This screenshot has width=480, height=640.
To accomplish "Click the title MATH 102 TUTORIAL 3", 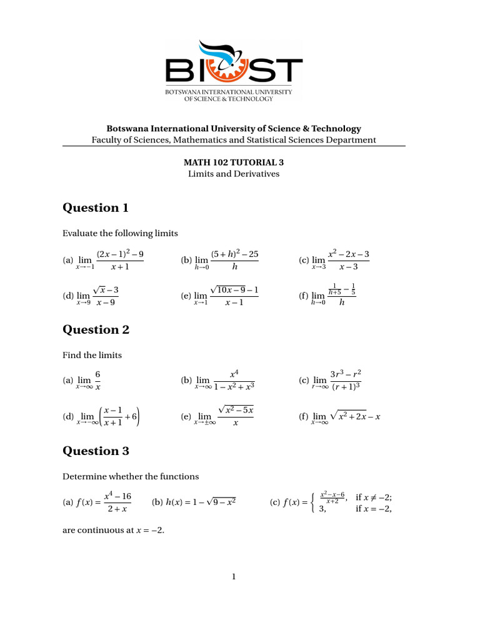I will pos(233,162).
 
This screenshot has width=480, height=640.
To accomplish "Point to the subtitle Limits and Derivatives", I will pos(233,173).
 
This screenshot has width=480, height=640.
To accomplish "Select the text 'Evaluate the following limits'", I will pos(120,233).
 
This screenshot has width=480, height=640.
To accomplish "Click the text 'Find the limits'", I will pos(92,355).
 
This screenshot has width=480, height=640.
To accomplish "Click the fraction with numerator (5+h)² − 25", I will pos(234,260).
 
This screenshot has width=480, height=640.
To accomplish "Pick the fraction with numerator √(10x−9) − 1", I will pos(234,296).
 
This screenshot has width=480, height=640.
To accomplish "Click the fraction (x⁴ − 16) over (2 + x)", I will pos(117,502).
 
